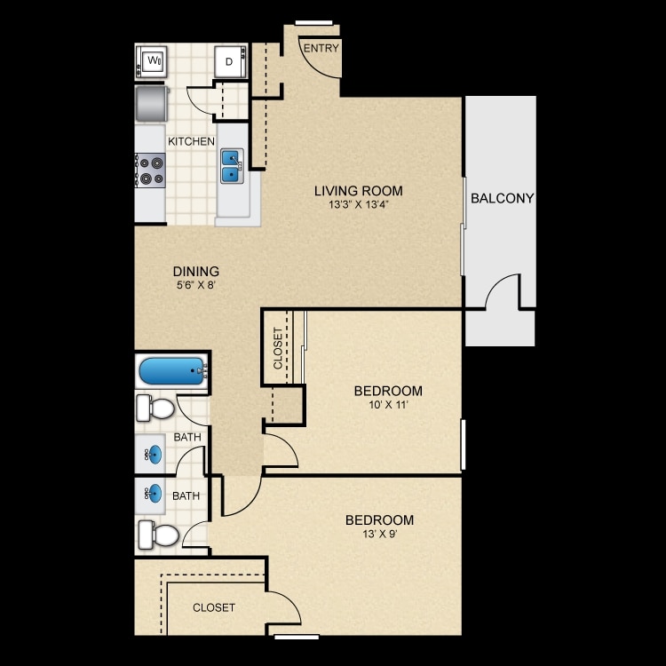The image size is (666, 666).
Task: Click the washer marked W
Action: pyautogui.click(x=153, y=62)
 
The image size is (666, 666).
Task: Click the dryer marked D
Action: pyautogui.click(x=229, y=61)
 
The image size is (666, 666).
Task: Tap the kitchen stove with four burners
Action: pyautogui.click(x=150, y=170)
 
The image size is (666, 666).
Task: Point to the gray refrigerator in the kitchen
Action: pyautogui.click(x=152, y=103)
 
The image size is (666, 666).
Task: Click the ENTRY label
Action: pyautogui.click(x=321, y=49)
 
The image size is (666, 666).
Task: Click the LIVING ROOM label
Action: pyautogui.click(x=358, y=191)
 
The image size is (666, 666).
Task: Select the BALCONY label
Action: pyautogui.click(x=502, y=199)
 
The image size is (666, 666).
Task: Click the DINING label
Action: pyautogui.click(x=196, y=272)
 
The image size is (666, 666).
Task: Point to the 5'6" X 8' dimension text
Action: pyautogui.click(x=196, y=286)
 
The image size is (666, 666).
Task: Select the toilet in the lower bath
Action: pyautogui.click(x=157, y=535)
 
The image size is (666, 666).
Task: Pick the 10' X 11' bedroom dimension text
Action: pyautogui.click(x=387, y=406)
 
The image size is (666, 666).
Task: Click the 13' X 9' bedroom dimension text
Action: pyautogui.click(x=379, y=535)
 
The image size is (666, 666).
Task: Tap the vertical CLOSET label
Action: pyautogui.click(x=278, y=348)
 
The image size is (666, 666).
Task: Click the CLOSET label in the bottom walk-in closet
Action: pyautogui.click(x=214, y=608)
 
